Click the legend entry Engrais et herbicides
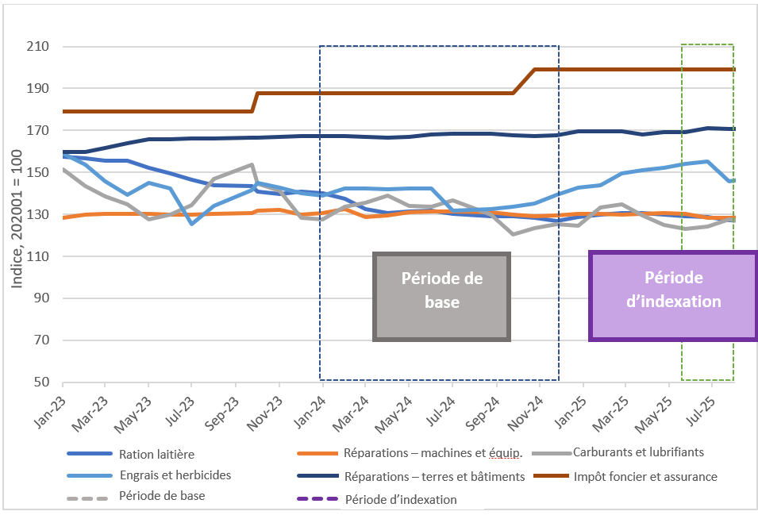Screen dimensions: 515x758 [x=175, y=476]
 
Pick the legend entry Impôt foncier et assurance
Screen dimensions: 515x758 [x=644, y=476]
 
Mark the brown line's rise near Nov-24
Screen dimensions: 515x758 [x=524, y=81]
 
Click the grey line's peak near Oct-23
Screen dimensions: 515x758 [x=252, y=165]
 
